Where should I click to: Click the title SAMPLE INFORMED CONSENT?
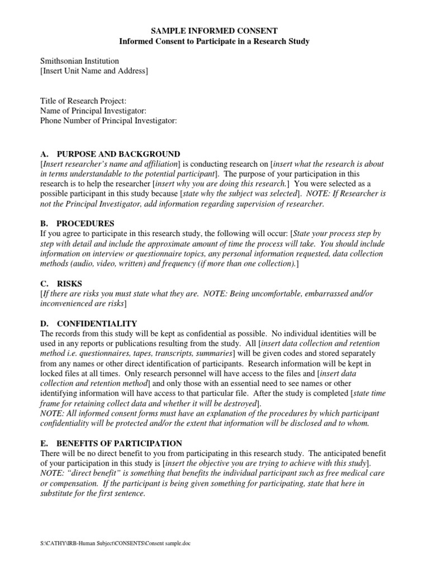(x=215, y=31)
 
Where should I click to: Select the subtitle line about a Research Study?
(x=215, y=41)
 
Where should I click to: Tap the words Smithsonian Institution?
(x=79, y=61)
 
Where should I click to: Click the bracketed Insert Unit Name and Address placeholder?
(x=94, y=71)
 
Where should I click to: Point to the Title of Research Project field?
(x=83, y=101)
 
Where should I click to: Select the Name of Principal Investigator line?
(x=93, y=111)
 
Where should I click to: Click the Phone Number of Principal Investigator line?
(x=108, y=121)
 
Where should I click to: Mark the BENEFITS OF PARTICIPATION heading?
(x=120, y=443)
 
